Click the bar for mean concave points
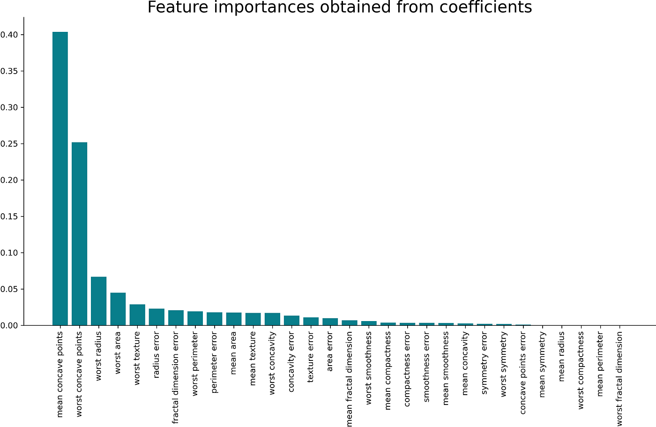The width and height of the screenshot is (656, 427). (60, 178)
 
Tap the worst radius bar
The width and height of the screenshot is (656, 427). (98, 301)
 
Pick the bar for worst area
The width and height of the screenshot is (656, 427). (118, 309)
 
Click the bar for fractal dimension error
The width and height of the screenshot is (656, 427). (176, 318)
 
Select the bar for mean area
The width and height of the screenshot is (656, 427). (234, 319)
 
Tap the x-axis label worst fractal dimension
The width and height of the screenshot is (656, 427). (619, 379)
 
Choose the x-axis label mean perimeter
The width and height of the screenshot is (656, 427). (600, 364)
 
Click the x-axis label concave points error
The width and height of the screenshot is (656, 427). (523, 373)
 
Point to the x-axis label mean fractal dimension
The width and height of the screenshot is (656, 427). (350, 379)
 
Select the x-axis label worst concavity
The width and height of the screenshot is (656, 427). (272, 363)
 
